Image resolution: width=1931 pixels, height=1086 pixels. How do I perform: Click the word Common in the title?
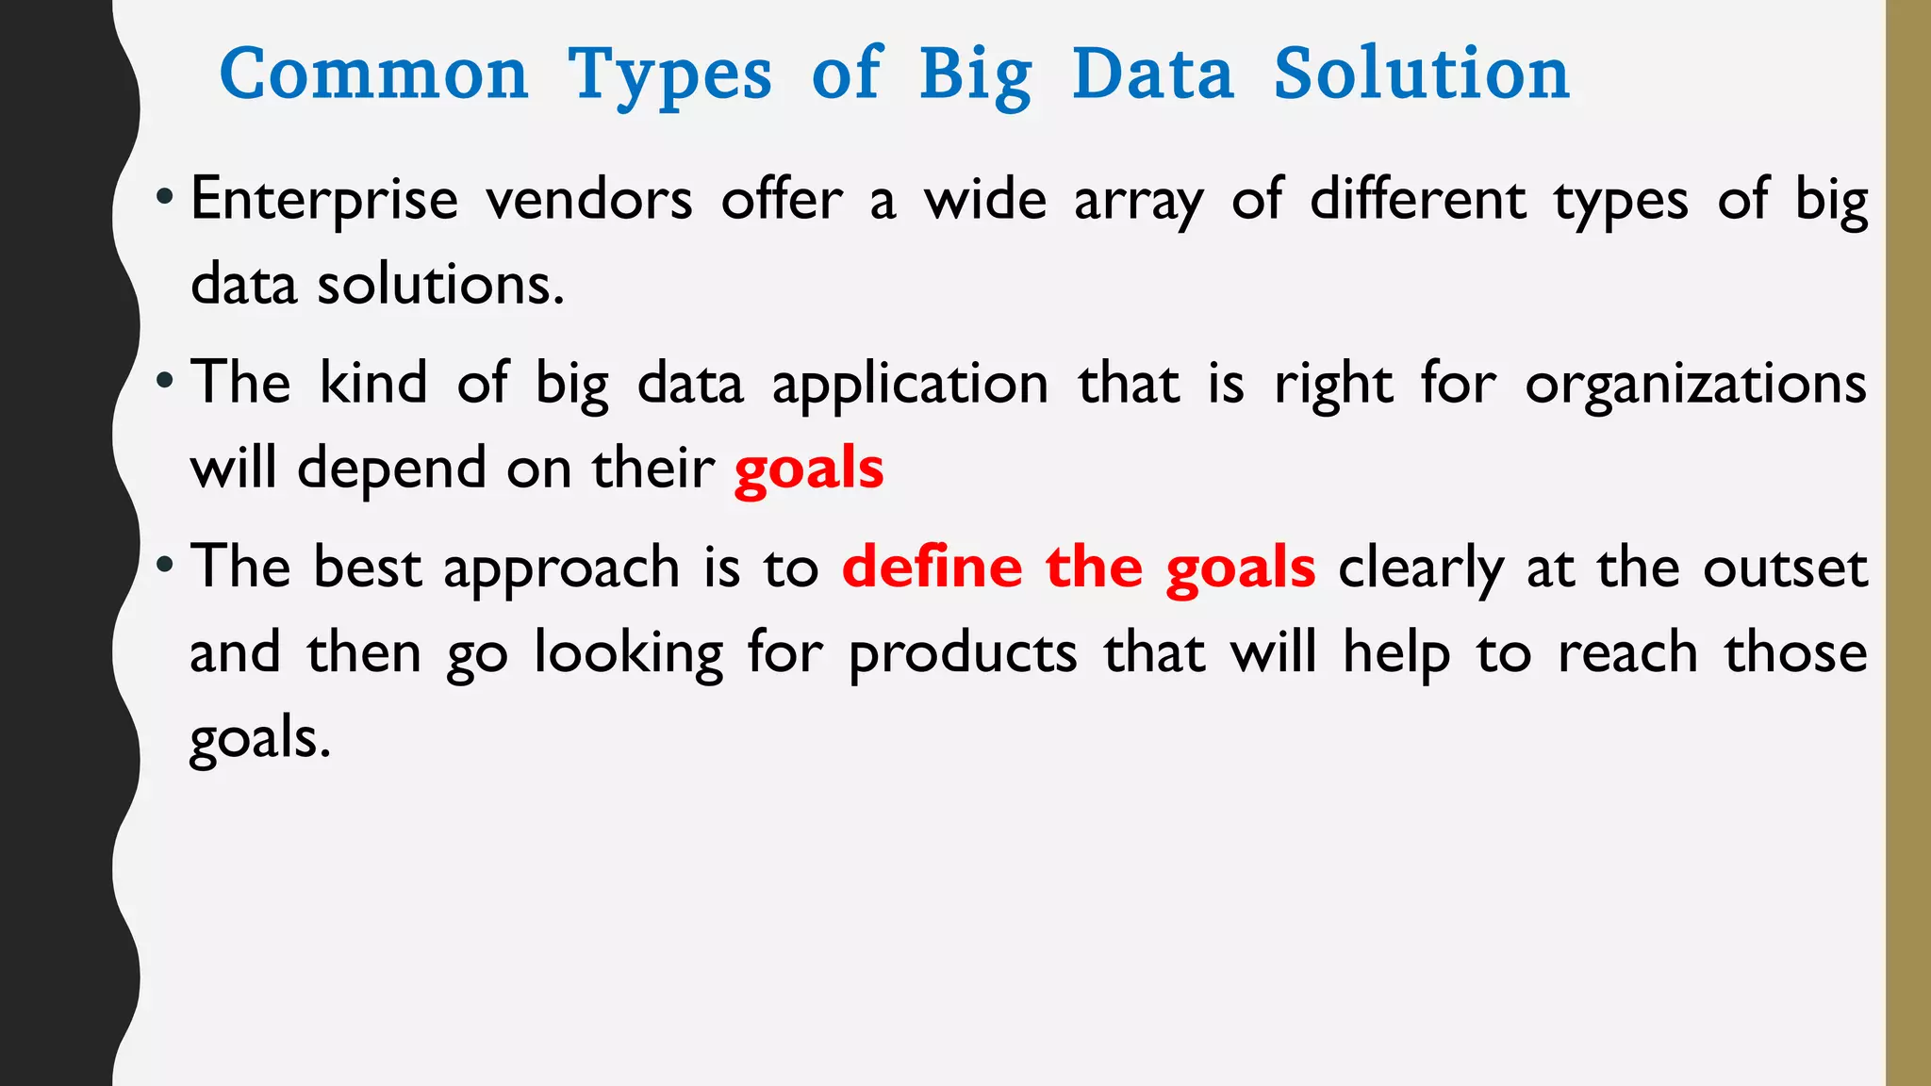pyautogui.click(x=373, y=74)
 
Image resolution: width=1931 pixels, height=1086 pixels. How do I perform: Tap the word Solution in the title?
pyautogui.click(x=1422, y=74)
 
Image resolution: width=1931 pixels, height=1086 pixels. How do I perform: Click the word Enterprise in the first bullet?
pyautogui.click(x=324, y=201)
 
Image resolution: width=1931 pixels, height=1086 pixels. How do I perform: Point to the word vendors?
pyautogui.click(x=589, y=201)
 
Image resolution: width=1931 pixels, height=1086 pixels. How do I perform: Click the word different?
pyautogui.click(x=1418, y=200)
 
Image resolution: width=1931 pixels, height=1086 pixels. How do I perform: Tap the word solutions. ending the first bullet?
pyautogui.click(x=440, y=285)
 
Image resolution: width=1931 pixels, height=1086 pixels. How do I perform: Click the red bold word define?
pyautogui.click(x=932, y=568)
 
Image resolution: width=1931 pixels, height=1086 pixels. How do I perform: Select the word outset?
pyautogui.click(x=1785, y=568)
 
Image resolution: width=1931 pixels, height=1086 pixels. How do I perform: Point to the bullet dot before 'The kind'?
pyautogui.click(x=165, y=382)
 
